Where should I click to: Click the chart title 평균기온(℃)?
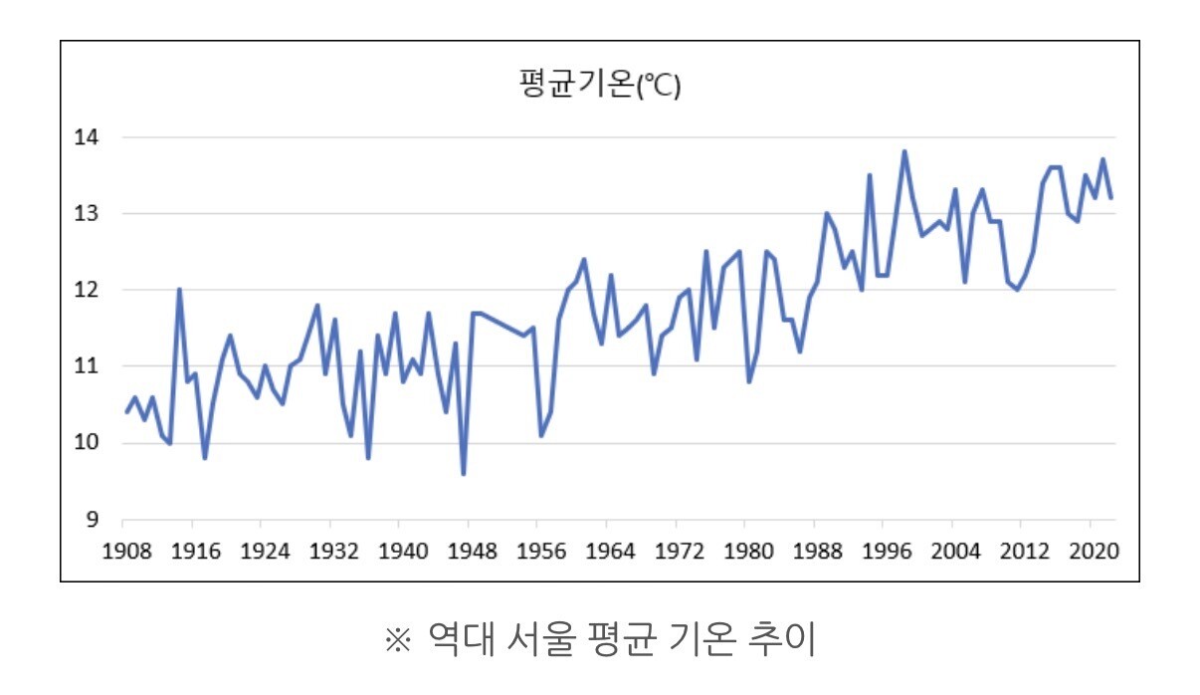[x=599, y=87]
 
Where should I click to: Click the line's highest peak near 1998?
[x=903, y=151]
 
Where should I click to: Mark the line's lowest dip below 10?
[x=464, y=474]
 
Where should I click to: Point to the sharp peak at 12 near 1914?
[x=179, y=290]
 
